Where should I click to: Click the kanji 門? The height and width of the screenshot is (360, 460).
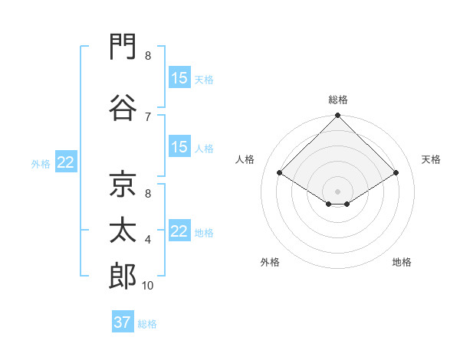123,46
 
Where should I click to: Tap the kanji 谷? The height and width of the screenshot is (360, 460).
123,107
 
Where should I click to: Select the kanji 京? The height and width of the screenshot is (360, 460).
123,184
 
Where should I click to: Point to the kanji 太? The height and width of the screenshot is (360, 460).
123,230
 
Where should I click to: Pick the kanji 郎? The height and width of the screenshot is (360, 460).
123,276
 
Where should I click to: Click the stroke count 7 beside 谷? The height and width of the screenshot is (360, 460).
148,117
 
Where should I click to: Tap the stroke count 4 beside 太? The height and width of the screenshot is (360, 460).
148,240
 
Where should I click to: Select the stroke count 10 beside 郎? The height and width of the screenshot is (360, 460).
147,286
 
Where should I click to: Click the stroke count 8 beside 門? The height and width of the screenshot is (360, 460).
148,56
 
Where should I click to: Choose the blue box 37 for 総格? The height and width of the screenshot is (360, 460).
123,321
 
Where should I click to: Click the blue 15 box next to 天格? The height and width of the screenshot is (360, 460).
180,77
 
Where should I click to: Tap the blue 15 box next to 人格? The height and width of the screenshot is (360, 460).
180,146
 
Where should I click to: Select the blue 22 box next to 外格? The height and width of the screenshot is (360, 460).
66,162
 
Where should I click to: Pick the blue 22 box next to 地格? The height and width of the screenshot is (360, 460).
180,230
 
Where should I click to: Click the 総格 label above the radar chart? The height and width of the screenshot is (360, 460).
338,100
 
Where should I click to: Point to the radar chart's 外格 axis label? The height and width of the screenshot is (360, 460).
270,262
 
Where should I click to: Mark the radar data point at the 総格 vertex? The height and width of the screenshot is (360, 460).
337,115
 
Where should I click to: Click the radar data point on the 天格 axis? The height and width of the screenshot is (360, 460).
396,172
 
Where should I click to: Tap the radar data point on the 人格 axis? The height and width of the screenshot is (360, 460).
279,172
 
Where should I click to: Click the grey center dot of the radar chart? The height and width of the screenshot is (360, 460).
337,191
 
